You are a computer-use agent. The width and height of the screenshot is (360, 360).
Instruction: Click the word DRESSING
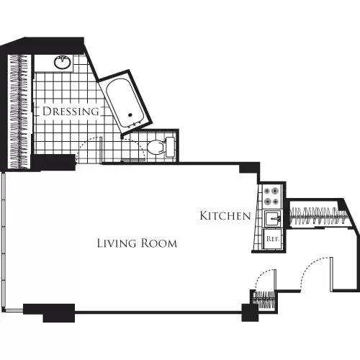(71, 112)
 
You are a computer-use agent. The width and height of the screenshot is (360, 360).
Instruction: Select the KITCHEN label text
(225, 215)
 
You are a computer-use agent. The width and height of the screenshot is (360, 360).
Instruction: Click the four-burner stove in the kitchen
(272, 195)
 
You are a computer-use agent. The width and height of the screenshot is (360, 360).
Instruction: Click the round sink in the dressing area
(63, 63)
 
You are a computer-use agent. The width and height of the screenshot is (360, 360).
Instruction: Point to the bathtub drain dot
(130, 114)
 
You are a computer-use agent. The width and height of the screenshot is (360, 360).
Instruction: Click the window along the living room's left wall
(4, 238)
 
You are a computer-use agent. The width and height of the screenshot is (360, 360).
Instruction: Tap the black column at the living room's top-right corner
(249, 169)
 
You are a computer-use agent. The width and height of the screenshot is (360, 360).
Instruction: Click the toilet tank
(171, 146)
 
